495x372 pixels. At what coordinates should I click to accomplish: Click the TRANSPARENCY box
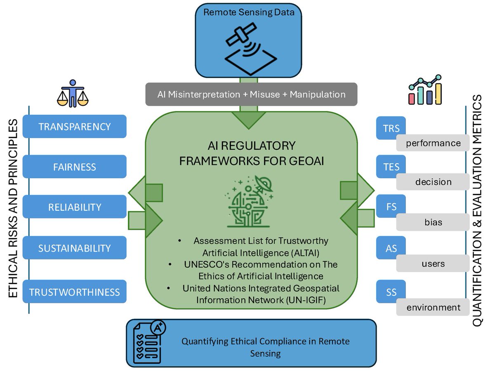(75, 126)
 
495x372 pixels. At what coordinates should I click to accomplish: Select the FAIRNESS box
(75, 167)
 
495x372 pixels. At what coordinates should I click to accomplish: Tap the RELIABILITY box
(75, 207)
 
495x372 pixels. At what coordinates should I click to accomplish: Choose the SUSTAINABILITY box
(75, 248)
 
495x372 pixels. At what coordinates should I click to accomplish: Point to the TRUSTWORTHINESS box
(75, 292)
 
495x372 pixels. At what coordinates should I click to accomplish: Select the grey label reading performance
(433, 143)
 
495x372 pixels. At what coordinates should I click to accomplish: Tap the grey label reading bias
(433, 222)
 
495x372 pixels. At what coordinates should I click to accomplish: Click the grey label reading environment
(433, 307)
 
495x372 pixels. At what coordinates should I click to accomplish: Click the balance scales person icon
(73, 93)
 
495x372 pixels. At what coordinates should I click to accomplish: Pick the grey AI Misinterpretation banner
(251, 94)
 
